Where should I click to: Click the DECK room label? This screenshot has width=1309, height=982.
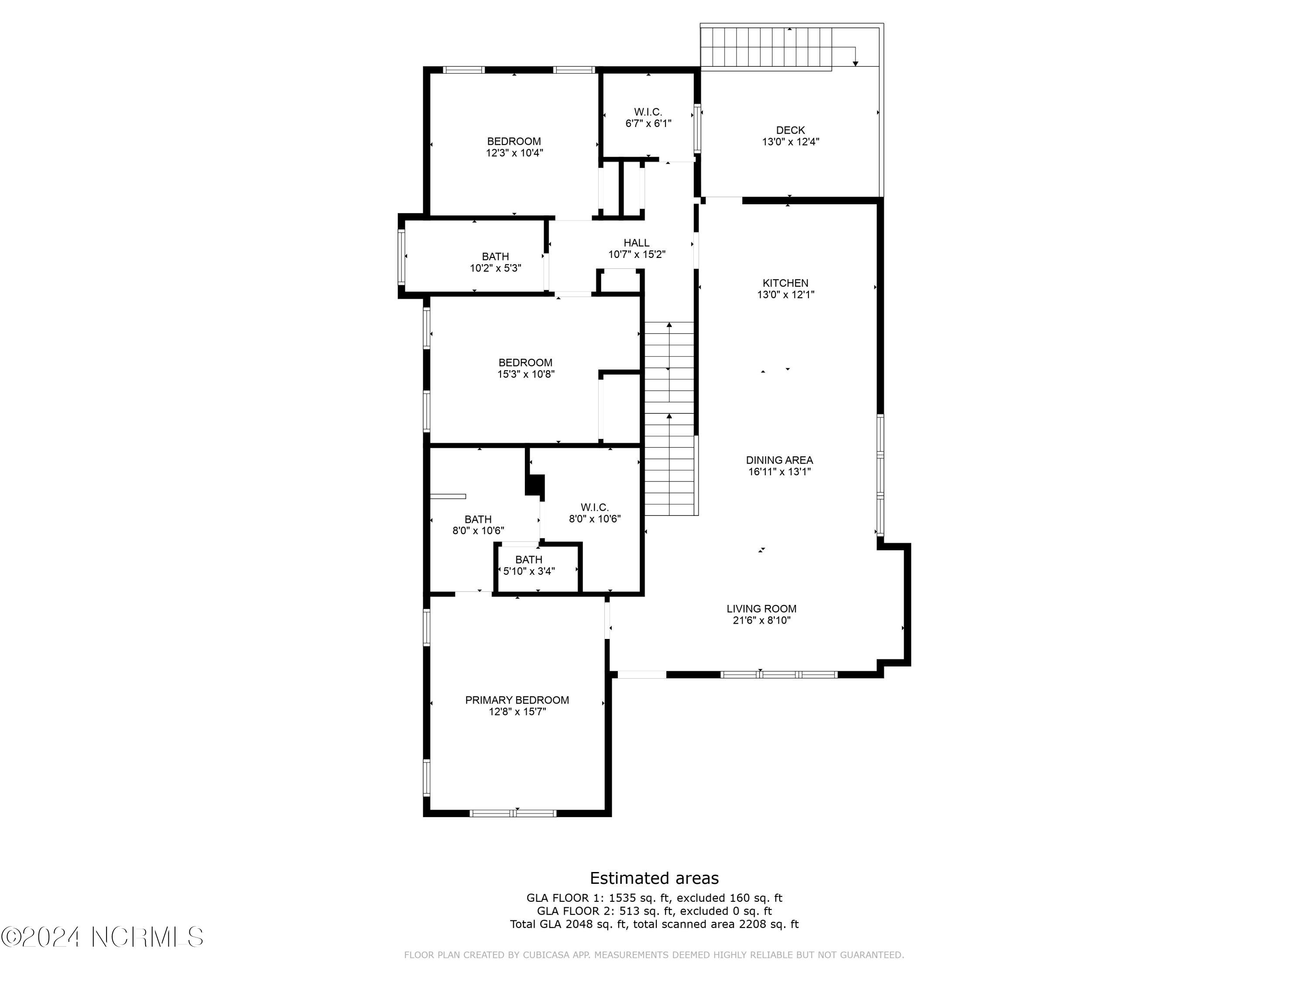click(790, 130)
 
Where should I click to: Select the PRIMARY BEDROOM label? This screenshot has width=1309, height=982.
click(517, 700)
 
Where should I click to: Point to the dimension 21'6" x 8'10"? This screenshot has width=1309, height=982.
click(761, 620)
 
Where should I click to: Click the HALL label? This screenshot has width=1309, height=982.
click(636, 243)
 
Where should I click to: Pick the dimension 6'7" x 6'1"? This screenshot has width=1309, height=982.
click(648, 124)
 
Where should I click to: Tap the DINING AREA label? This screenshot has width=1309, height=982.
click(779, 460)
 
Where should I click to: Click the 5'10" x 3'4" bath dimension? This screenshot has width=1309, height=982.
click(528, 571)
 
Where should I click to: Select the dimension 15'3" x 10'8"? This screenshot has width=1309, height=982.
click(525, 374)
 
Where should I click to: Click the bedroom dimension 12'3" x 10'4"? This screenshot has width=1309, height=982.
click(514, 153)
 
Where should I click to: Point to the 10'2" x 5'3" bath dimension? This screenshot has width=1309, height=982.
click(495, 268)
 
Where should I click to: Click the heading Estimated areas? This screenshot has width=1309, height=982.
click(654, 878)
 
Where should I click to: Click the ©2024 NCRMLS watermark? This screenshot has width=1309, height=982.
click(102, 937)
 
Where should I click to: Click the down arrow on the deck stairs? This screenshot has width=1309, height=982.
click(855, 63)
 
